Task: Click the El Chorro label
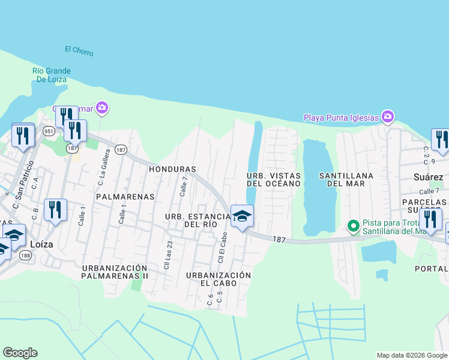[79, 51]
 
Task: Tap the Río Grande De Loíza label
[52, 75]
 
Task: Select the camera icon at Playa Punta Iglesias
[388, 116]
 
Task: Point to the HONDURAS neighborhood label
[172, 169]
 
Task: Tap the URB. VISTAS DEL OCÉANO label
[273, 179]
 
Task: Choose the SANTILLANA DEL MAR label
[347, 179]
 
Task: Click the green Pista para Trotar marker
[354, 226]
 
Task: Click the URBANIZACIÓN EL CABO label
[218, 279]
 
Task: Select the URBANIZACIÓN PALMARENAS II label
[115, 272]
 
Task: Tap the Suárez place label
[428, 177]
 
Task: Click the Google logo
[20, 353]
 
